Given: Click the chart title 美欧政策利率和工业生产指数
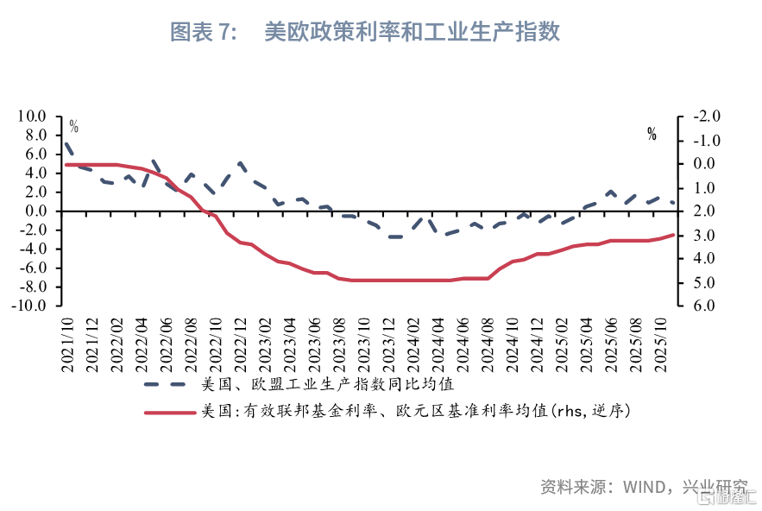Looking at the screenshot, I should click(x=412, y=33).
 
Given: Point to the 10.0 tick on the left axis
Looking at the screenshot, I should click(x=32, y=117).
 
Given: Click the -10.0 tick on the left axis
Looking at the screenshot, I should click(x=29, y=306).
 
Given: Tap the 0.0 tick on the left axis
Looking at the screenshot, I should click(x=35, y=211).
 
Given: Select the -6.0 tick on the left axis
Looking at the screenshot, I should click(x=32, y=268).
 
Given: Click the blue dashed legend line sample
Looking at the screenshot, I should click(x=167, y=384).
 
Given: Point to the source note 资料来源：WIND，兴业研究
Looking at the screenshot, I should click(x=644, y=485).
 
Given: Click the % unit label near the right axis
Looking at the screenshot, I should click(x=652, y=134).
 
